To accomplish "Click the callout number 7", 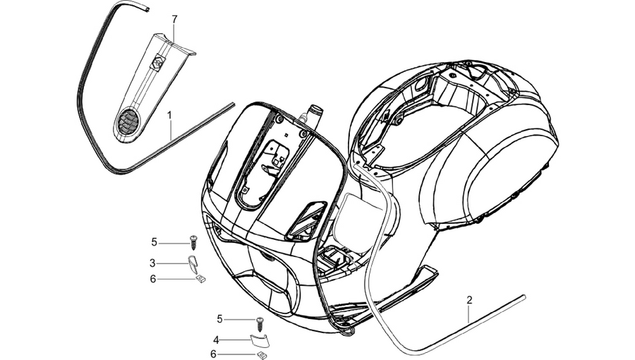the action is pyautogui.click(x=174, y=19).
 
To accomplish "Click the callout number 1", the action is pyautogui.click(x=169, y=115).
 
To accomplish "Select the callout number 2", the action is pyautogui.click(x=469, y=300).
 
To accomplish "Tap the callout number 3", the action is pyautogui.click(x=152, y=263).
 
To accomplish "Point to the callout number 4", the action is pyautogui.click(x=216, y=340).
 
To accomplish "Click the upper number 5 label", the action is pyautogui.click(x=154, y=242).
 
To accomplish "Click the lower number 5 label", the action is pyautogui.click(x=220, y=319).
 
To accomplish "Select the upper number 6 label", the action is pyautogui.click(x=152, y=279).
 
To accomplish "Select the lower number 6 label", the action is pyautogui.click(x=213, y=354).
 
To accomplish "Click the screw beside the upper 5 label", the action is pyautogui.click(x=193, y=244).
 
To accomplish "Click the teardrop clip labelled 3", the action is pyautogui.click(x=193, y=264).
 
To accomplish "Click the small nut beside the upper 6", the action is pyautogui.click(x=201, y=278).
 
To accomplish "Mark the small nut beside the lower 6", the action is pyautogui.click(x=261, y=355).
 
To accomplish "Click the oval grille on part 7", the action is pyautogui.click(x=126, y=121).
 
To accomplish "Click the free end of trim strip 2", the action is pyautogui.click(x=524, y=297).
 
